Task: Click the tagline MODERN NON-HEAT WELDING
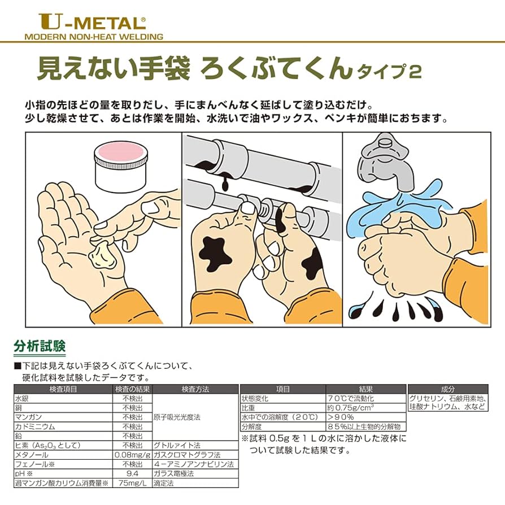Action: [x=94, y=37]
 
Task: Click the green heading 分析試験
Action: [x=39, y=345]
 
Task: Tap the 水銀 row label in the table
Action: [x=22, y=398]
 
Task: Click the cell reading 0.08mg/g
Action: [x=132, y=454]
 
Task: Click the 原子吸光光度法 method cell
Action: [x=177, y=417]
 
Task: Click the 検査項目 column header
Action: [x=63, y=389]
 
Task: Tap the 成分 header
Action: [x=447, y=389]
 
